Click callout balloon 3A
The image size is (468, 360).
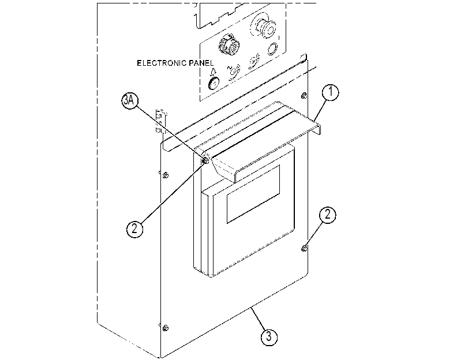click(x=130, y=100)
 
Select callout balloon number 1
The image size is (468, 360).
click(x=331, y=92)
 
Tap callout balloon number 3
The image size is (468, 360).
click(x=269, y=337)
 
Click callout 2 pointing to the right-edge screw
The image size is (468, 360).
click(x=328, y=215)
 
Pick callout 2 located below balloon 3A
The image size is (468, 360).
click(x=134, y=229)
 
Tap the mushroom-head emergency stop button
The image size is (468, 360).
click(x=264, y=27)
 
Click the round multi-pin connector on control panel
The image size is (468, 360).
click(x=229, y=46)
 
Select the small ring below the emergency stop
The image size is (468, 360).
click(x=272, y=49)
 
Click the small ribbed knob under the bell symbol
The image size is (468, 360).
click(x=214, y=83)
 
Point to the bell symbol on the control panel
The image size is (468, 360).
click(x=214, y=72)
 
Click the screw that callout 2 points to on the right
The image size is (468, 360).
click(x=304, y=248)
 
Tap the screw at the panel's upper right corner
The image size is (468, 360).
click(x=304, y=96)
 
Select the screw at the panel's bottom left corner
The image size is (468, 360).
click(x=166, y=328)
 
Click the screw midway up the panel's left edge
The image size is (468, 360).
click(x=166, y=175)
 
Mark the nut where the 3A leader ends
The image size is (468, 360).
click(x=205, y=161)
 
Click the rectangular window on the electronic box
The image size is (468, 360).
click(x=253, y=194)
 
